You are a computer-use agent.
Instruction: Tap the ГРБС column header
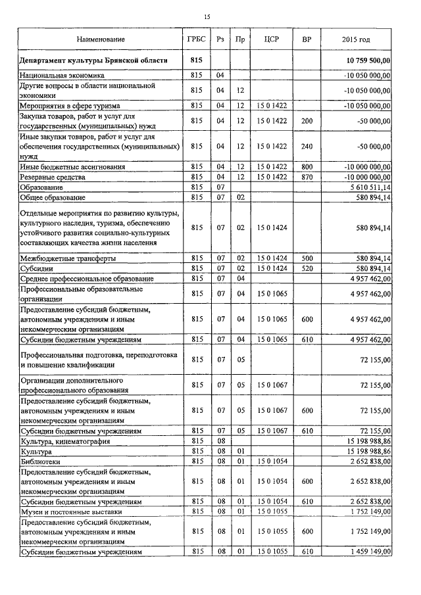click(197, 39)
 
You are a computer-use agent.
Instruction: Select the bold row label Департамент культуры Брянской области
click(93, 60)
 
